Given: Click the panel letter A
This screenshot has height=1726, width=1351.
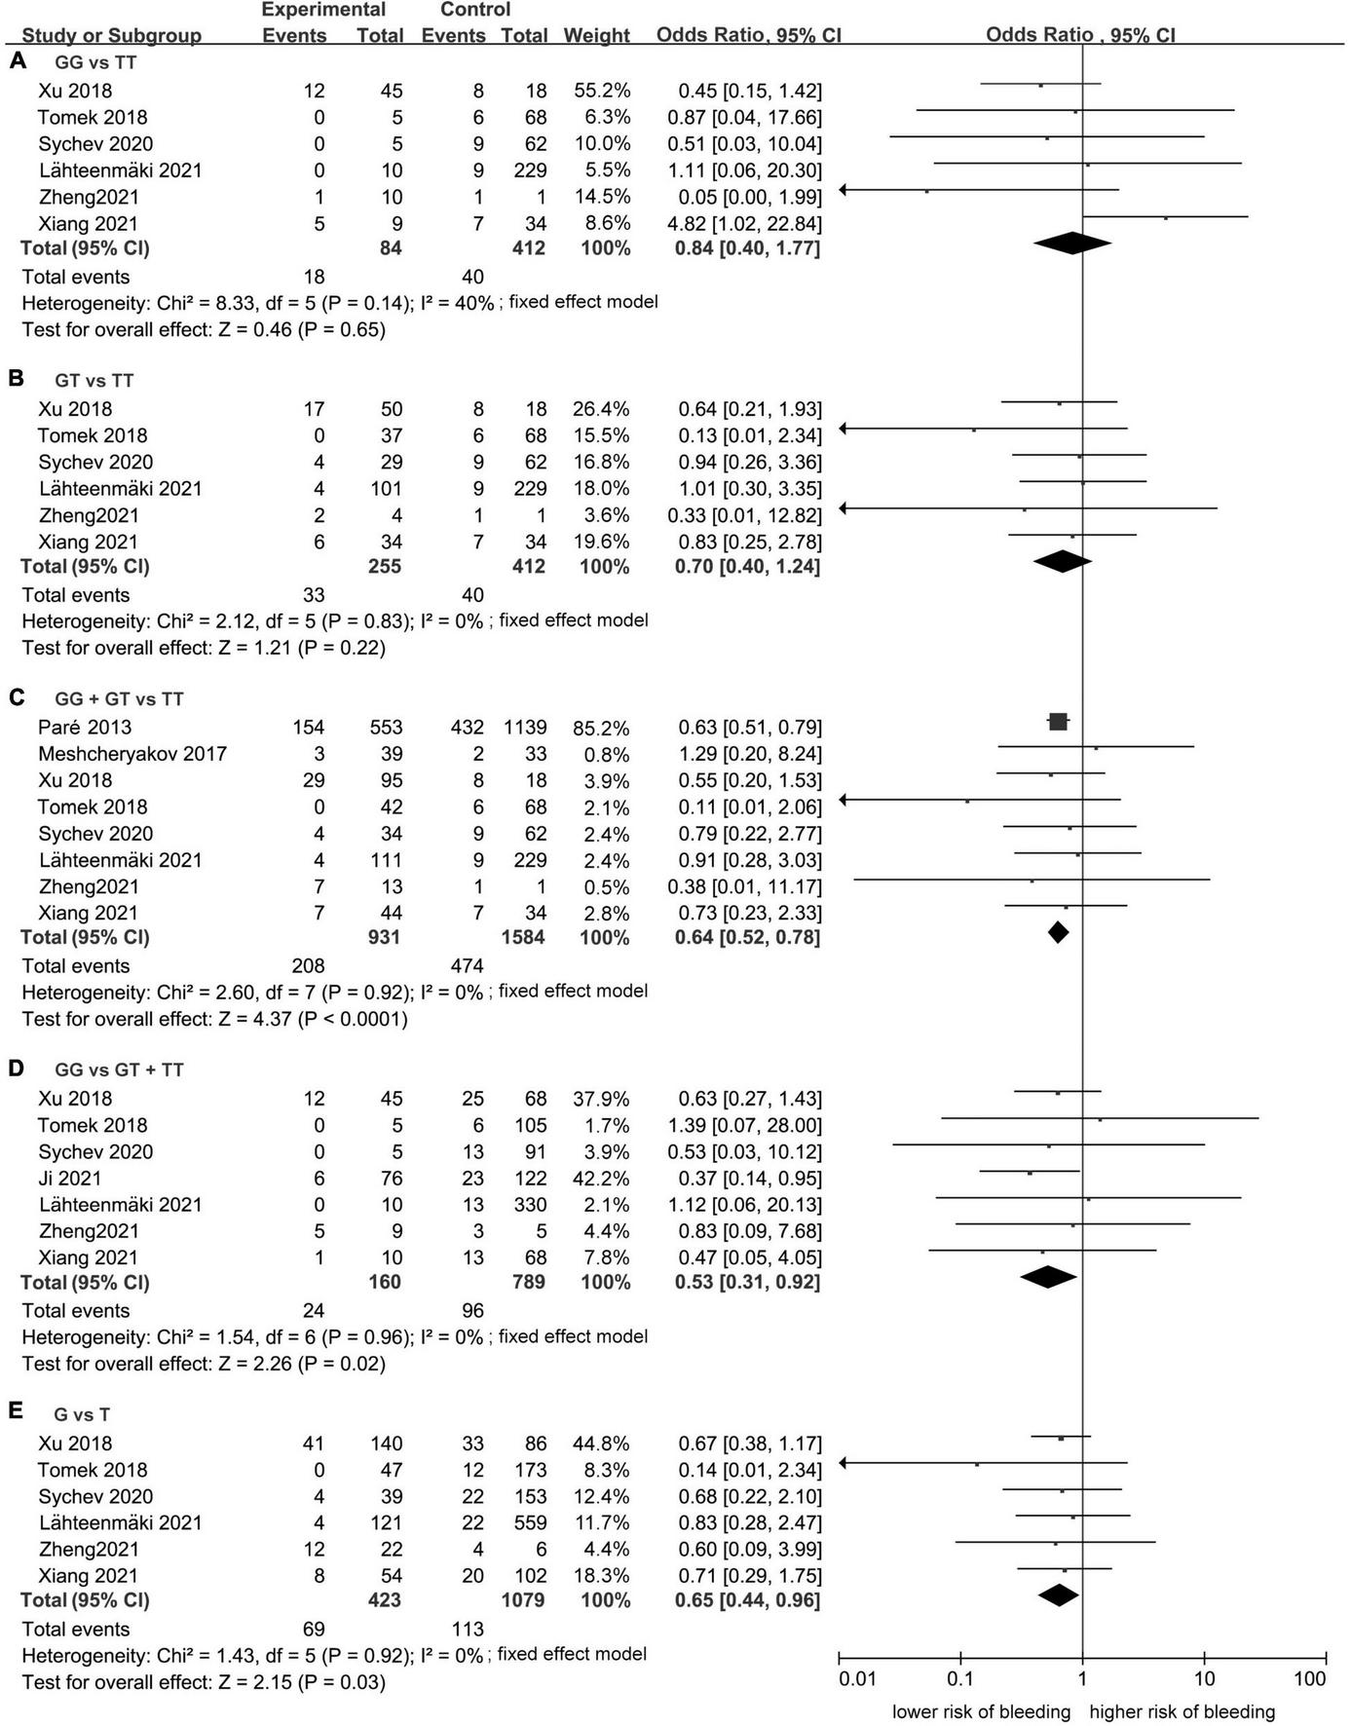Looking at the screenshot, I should pos(18,61).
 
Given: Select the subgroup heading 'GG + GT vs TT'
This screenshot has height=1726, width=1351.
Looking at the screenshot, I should pos(119,698).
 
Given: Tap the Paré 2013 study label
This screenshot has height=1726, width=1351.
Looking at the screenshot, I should pos(85,727).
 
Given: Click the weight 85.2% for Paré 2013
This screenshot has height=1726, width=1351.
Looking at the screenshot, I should pos(602,728).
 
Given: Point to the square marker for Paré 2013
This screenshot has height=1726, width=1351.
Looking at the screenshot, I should pos(1058,722).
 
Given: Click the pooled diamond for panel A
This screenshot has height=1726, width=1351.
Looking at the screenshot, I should pos(1071,244).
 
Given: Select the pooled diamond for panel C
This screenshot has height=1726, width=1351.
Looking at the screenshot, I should pos(1058,933).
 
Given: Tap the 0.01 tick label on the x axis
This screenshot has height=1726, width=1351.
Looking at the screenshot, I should pos(857,1678).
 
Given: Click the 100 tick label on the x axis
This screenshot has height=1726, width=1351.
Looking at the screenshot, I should pos(1310,1678).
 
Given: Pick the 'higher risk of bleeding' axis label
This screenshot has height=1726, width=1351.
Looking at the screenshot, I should pos(1182,1711).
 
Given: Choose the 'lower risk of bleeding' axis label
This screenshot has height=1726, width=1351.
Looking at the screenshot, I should pos(981,1711).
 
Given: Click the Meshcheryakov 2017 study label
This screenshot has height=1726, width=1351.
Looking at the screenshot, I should pos(132,753).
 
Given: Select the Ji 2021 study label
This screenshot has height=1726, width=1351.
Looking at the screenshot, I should pos(70,1178).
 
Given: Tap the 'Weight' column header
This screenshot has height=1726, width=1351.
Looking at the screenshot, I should pos(596,36).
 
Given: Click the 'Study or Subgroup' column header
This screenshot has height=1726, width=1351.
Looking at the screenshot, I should pos(112,36).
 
